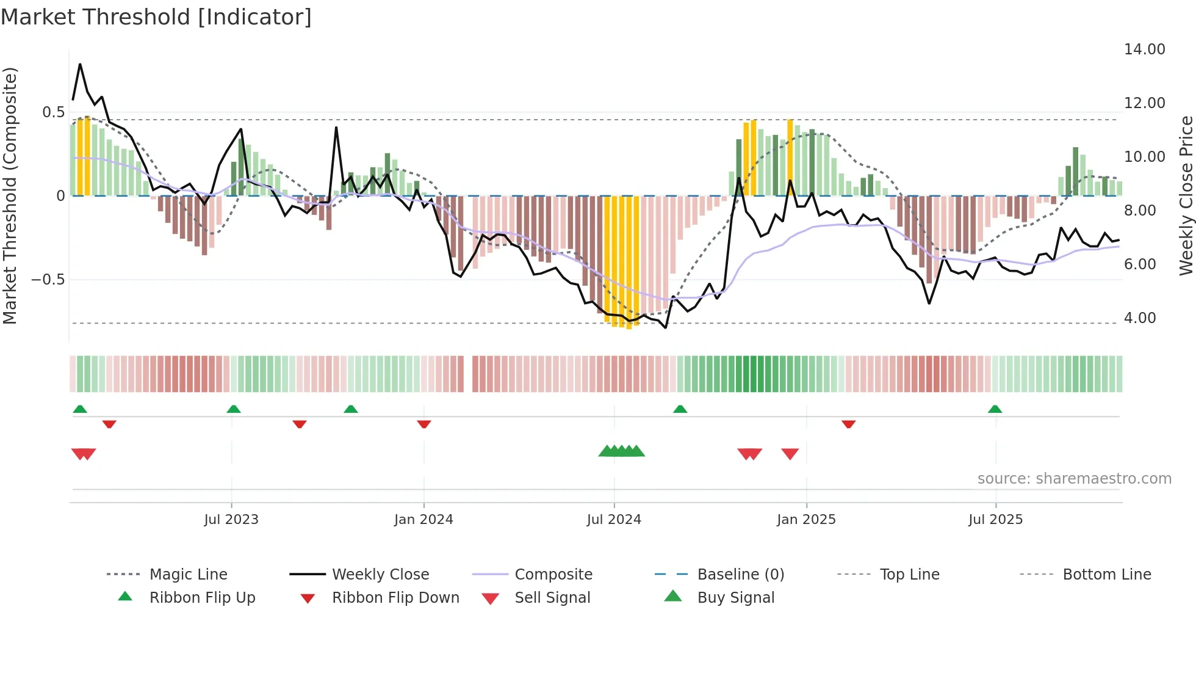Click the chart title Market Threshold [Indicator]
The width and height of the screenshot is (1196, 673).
click(x=156, y=17)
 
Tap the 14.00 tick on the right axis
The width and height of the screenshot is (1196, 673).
click(x=1144, y=49)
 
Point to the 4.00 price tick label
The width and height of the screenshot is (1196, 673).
click(x=1139, y=318)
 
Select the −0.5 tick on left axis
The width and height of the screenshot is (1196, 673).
click(x=48, y=280)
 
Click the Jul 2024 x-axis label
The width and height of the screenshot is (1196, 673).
click(x=614, y=520)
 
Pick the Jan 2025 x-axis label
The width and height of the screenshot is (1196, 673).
click(x=806, y=520)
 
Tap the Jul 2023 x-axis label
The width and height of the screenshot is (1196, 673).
click(x=231, y=520)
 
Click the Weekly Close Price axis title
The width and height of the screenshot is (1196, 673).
click(x=1186, y=195)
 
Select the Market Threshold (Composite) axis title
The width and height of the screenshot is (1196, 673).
click(x=10, y=195)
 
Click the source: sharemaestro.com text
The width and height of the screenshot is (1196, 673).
click(x=1074, y=479)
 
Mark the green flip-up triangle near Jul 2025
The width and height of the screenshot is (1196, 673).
click(x=995, y=409)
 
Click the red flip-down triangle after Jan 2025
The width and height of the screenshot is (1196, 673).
click(x=848, y=424)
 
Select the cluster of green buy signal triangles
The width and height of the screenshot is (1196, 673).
click(x=621, y=451)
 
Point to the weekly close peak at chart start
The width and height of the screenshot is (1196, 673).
click(x=80, y=64)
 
